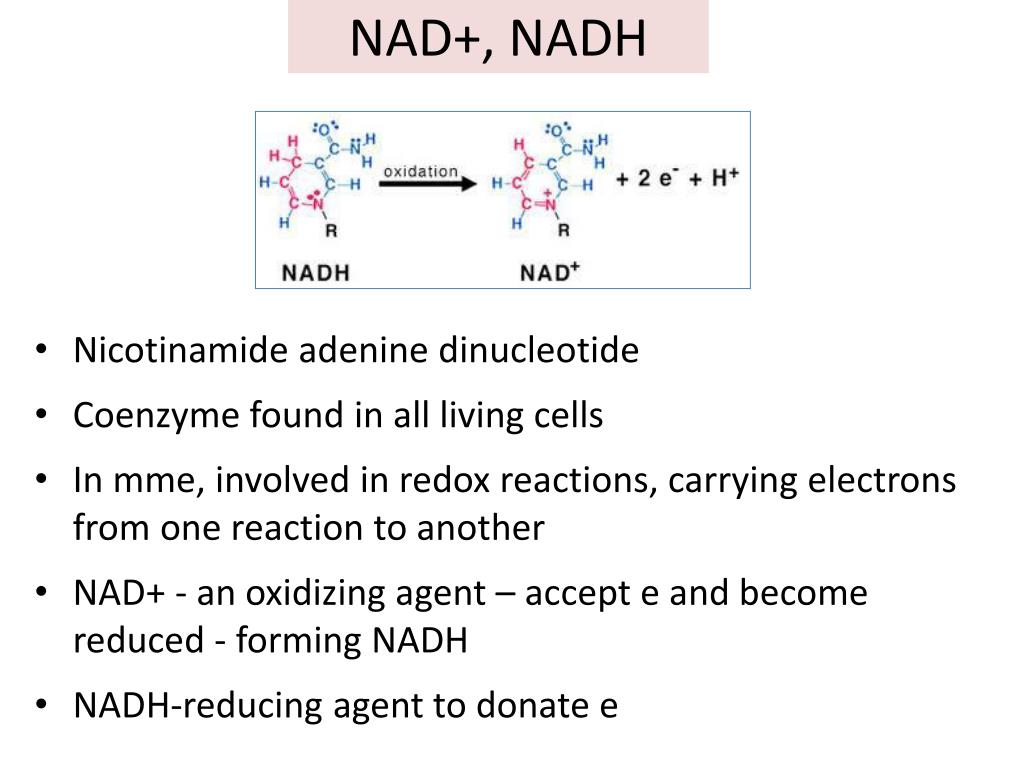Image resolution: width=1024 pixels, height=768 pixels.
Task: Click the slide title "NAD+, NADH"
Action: click(x=498, y=39)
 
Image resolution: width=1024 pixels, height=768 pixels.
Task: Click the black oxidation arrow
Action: click(x=428, y=184)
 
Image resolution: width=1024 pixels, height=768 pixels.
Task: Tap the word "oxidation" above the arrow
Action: click(x=421, y=171)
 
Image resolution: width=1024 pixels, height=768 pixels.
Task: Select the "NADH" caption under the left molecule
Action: click(x=315, y=272)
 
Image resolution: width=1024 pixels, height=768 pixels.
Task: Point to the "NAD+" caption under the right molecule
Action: click(x=550, y=272)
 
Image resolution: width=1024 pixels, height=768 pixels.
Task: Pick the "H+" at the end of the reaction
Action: click(x=725, y=176)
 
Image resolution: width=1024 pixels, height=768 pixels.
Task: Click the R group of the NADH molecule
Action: click(x=331, y=231)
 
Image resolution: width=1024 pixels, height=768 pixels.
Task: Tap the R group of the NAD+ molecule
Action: click(x=564, y=230)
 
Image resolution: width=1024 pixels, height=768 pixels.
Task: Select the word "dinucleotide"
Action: click(x=539, y=350)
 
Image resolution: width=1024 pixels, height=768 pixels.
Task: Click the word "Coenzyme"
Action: click(x=156, y=415)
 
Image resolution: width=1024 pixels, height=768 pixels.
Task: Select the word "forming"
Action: click(x=298, y=640)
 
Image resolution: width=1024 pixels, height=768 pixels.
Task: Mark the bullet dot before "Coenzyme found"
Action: click(x=42, y=414)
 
